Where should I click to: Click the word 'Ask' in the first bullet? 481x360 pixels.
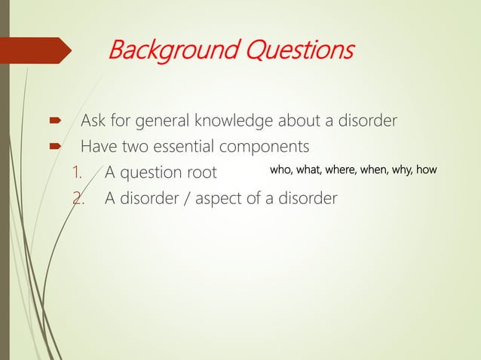click(x=93, y=121)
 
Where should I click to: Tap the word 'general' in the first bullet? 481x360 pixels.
click(x=167, y=121)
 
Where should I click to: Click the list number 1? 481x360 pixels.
click(x=76, y=172)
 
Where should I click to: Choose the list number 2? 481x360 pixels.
click(x=76, y=198)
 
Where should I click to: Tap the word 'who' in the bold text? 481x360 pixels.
click(x=281, y=171)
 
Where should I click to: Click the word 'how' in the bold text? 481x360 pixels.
click(x=427, y=171)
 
